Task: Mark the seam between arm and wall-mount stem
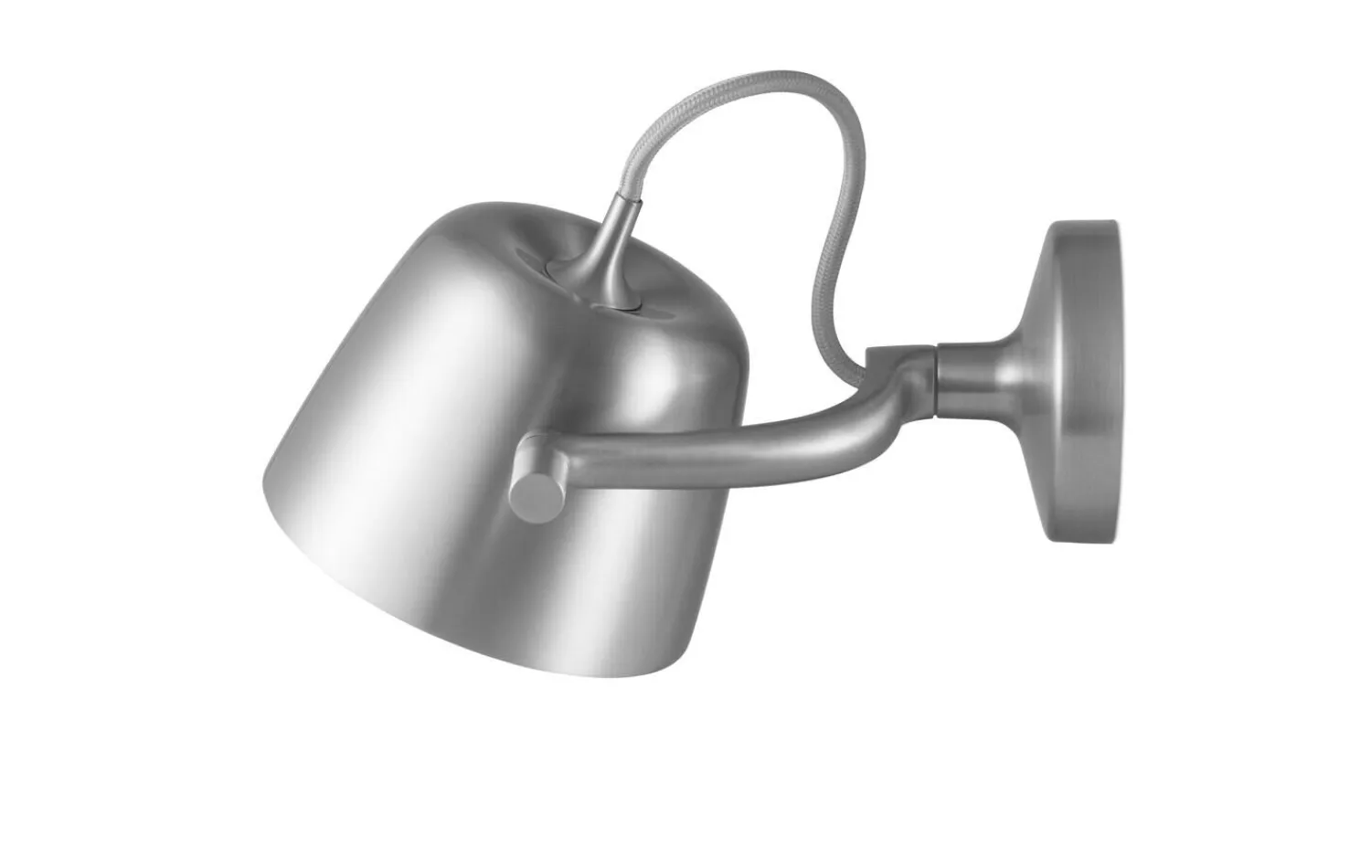point(935,370)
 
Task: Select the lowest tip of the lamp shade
point(585,676)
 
